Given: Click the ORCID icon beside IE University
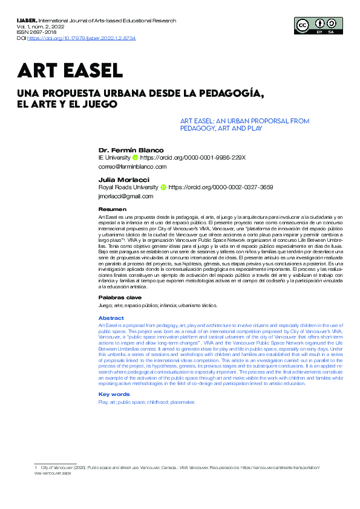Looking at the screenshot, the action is coord(136,157).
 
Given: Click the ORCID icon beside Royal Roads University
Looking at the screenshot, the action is coord(163,187).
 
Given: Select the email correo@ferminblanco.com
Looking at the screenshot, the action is coord(132,166).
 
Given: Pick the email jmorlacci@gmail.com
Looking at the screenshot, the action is coord(126,196).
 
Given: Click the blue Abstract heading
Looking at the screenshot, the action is coord(111,318).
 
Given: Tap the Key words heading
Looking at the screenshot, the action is coord(114,394).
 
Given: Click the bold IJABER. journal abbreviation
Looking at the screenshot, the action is coord(27,20).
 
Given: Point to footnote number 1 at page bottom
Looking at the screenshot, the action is coord(36,468).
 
